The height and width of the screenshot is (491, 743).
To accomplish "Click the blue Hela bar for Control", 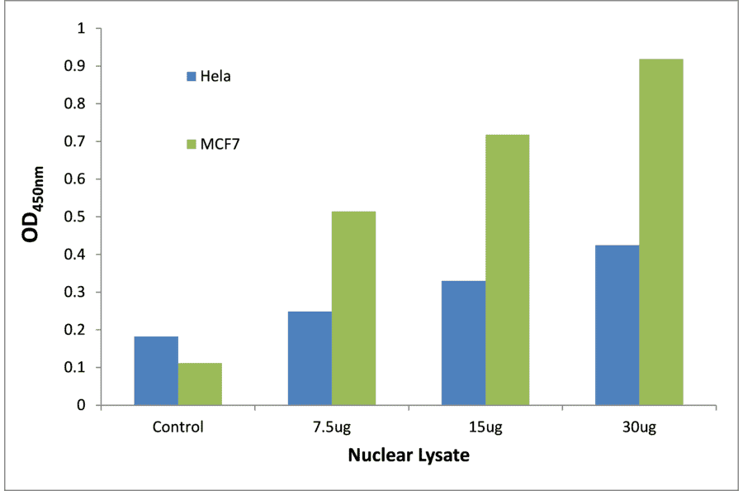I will tap(156, 370).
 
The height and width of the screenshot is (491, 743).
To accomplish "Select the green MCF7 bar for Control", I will tap(200, 384).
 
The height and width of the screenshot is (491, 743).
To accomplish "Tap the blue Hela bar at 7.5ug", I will tap(310, 358).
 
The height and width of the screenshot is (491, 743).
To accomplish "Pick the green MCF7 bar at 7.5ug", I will tap(353, 307).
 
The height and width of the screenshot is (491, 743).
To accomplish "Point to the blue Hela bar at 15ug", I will tap(463, 342).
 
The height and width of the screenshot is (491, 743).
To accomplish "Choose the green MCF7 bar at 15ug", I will tap(507, 269).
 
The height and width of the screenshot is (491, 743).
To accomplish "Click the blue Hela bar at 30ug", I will tap(617, 325).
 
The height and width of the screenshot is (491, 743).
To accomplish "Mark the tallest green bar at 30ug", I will tap(660, 231).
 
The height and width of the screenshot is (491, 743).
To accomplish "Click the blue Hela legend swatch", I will tap(191, 77).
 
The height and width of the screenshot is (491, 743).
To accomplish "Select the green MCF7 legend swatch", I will tap(191, 145).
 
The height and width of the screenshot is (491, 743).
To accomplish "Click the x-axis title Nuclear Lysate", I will tap(408, 455).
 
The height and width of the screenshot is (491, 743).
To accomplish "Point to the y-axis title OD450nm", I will tap(34, 213).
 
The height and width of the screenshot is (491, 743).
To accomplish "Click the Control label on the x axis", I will tap(177, 427).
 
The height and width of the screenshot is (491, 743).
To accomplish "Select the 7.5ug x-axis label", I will tap(331, 427).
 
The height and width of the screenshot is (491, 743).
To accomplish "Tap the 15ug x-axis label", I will tap(485, 427).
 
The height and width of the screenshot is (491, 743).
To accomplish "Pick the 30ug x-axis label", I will tap(639, 427).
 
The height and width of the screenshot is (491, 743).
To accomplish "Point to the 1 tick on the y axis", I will tap(81, 29).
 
